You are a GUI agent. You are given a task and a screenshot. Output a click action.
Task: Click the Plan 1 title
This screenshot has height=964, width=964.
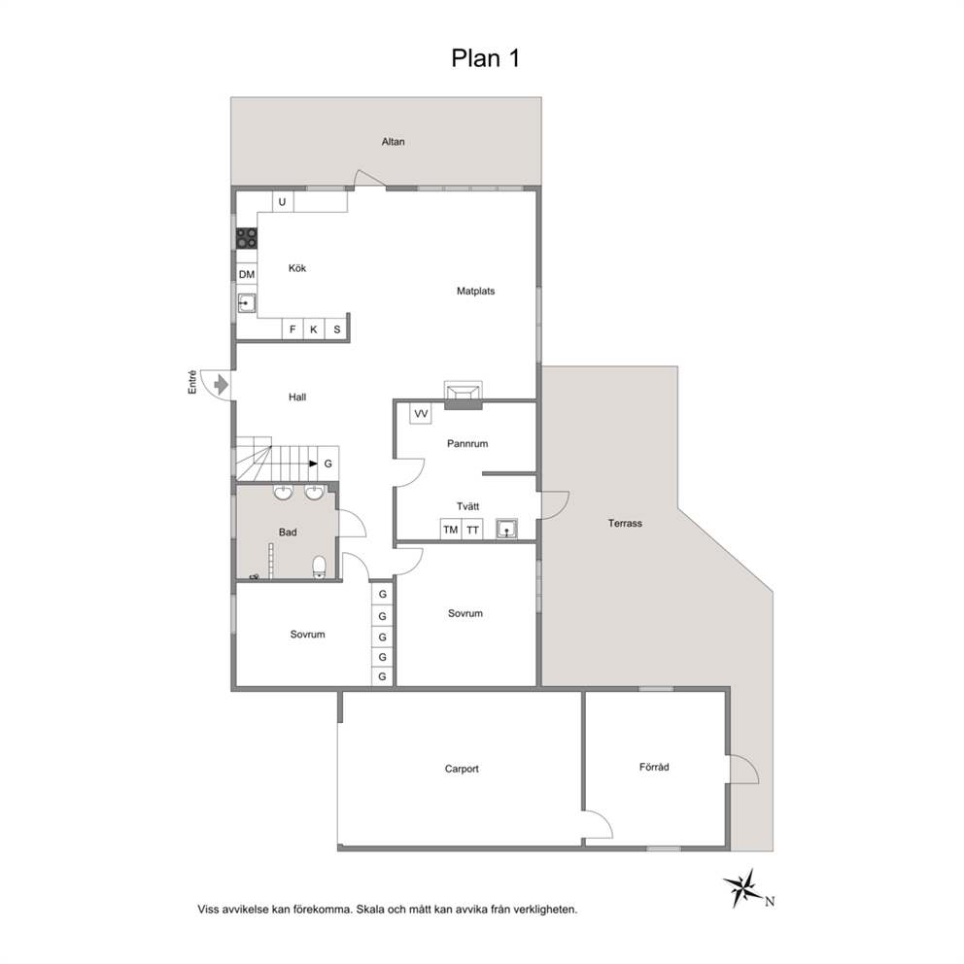[x=486, y=58]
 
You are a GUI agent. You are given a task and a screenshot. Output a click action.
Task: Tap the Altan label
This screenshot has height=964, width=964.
[x=393, y=142]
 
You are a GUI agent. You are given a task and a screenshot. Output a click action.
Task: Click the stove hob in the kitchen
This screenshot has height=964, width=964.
[x=247, y=238]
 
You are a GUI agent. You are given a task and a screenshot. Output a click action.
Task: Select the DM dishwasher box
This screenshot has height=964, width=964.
[x=247, y=274]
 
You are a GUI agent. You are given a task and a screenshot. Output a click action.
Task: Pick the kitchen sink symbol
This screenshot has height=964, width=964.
[x=247, y=303]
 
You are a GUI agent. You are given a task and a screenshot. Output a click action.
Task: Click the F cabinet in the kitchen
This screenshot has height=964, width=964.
[x=293, y=329]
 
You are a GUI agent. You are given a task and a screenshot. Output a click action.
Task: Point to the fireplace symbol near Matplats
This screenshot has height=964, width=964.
[x=464, y=395]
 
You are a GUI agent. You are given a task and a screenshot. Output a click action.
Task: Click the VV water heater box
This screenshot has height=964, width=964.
[x=421, y=414]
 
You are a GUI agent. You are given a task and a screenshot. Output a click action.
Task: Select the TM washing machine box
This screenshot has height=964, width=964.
[x=451, y=530]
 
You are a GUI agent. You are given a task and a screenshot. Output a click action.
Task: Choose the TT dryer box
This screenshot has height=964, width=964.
[x=472, y=530]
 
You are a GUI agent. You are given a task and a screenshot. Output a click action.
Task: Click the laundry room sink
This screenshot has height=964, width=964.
[x=506, y=529]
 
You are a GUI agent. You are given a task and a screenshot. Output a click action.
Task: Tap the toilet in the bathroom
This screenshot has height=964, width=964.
[x=320, y=568]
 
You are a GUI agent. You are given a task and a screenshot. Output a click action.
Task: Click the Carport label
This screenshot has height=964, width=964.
[x=462, y=769]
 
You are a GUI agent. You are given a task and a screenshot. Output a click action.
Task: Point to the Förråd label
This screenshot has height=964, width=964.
[x=654, y=767]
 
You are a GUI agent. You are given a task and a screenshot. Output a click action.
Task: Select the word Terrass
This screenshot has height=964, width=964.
[x=625, y=523]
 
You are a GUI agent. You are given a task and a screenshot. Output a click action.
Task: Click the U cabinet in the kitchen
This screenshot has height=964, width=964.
[x=283, y=202]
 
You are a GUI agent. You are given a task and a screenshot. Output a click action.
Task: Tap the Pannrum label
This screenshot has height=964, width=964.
[x=467, y=443]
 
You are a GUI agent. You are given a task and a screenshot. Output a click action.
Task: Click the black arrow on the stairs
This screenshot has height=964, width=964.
[x=314, y=464]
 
